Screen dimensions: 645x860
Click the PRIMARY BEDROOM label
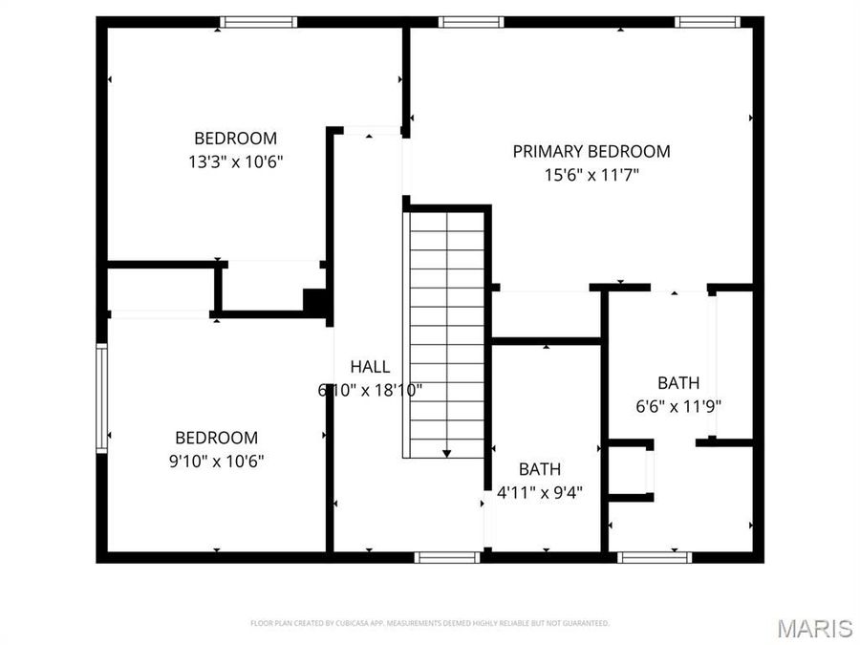coord(591,151)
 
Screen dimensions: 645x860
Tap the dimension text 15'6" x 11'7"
coord(591,175)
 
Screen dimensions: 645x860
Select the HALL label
coord(370,366)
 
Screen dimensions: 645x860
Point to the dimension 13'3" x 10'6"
coord(236,161)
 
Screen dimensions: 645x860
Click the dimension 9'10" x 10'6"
coord(217,461)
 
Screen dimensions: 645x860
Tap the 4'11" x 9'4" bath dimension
coord(540,492)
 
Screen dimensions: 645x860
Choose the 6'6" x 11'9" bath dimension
coord(678,405)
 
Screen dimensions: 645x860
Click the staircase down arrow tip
coord(446,454)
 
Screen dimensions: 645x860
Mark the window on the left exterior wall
coord(101,397)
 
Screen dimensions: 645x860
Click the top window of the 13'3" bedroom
coord(259,22)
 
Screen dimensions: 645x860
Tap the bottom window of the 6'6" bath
coord(655,556)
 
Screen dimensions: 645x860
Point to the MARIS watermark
coord(814,628)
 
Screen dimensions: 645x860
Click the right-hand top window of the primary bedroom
coord(708,22)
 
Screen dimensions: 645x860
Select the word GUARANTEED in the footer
coord(585,623)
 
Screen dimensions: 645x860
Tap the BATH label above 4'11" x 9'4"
coord(540,469)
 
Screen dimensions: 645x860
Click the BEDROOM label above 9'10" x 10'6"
coord(217,438)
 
